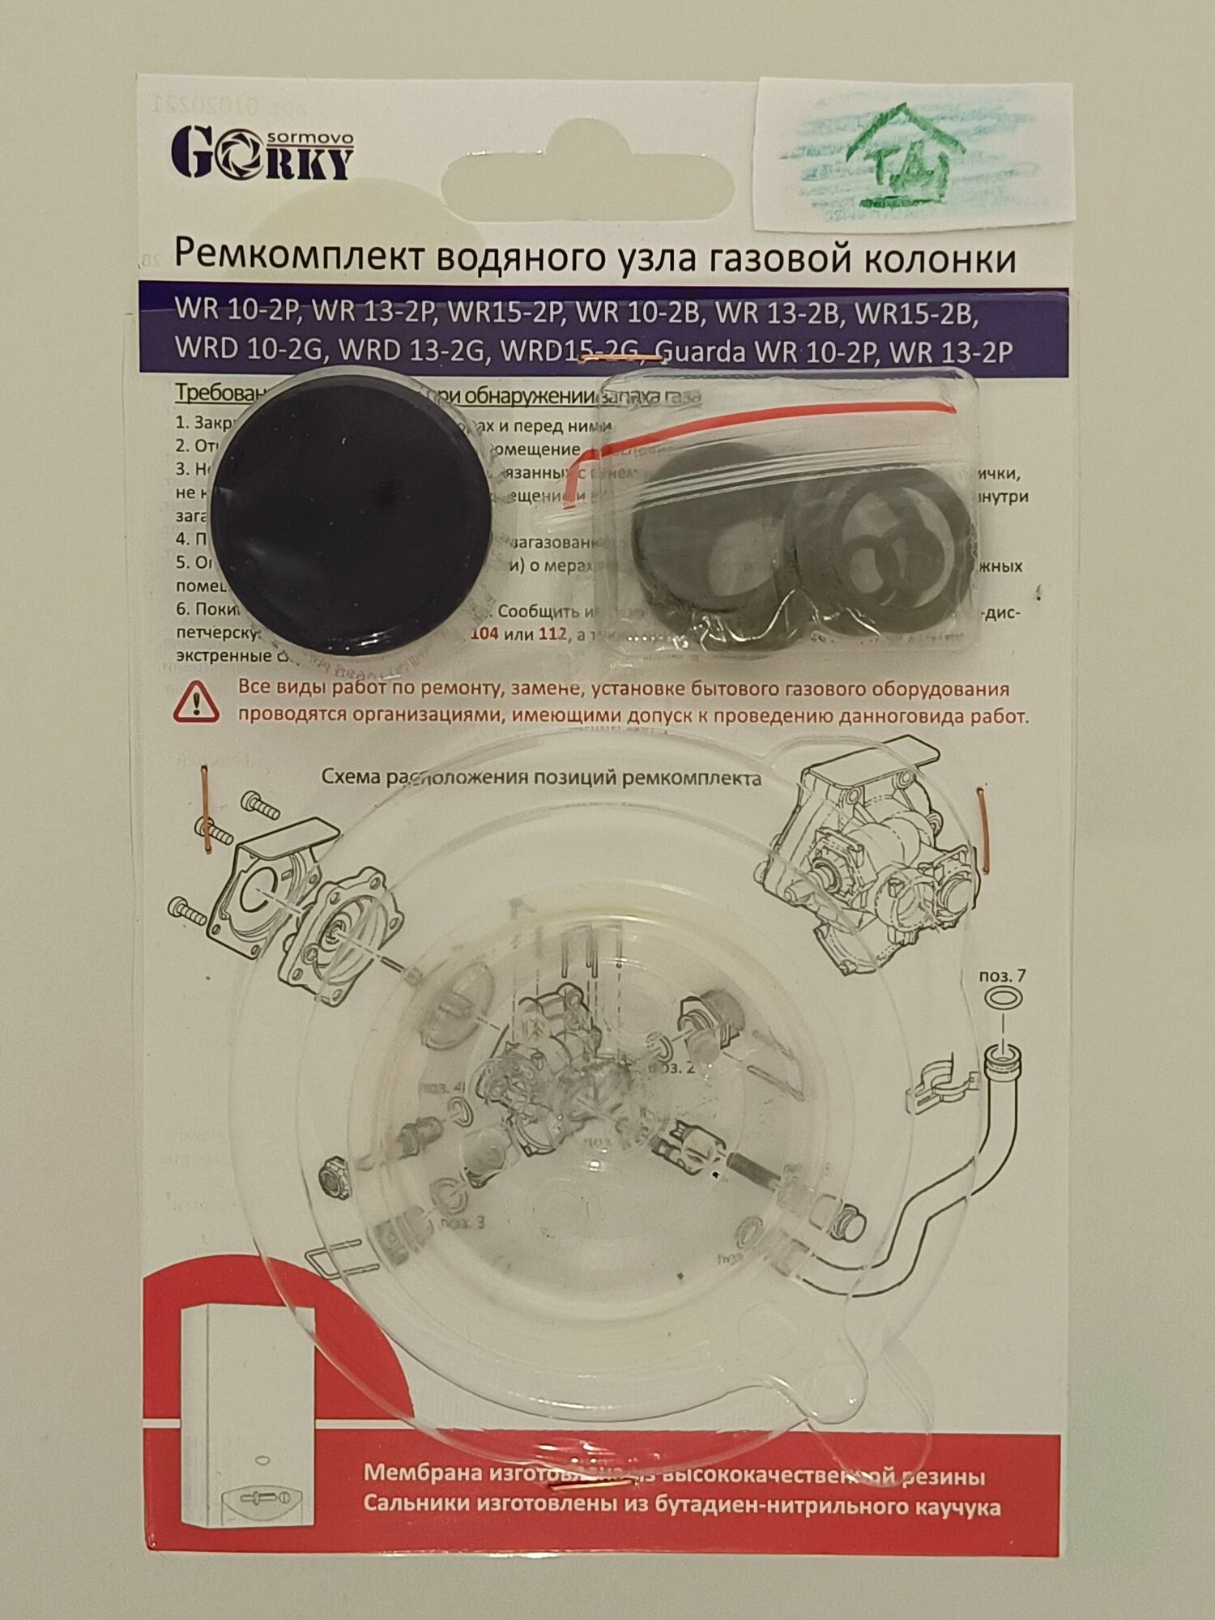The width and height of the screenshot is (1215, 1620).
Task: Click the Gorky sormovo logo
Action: pos(262,153)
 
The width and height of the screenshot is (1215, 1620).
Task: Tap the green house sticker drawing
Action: pos(904,155)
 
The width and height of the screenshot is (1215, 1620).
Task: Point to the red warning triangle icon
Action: pos(196,701)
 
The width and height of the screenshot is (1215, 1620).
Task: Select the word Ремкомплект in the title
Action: pos(299,258)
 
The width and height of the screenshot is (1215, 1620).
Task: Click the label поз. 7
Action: pos(1002,975)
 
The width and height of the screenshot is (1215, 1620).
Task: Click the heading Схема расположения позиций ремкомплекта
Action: pos(541,778)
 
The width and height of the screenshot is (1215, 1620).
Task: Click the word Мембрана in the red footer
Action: pos(420,1474)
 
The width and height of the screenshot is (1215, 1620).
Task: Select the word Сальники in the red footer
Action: pos(415,1507)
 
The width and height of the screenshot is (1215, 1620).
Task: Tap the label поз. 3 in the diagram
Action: pos(463,1222)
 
